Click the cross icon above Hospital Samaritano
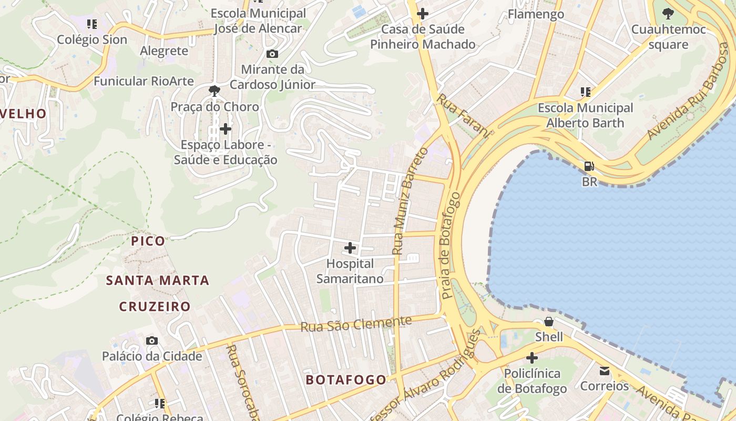[x=350, y=247]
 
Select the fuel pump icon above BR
[x=589, y=166]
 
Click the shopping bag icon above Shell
[x=549, y=321]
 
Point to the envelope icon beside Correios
[x=605, y=371]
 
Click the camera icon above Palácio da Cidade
[x=152, y=341]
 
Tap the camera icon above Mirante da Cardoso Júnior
[x=272, y=54]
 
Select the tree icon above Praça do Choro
[x=214, y=91]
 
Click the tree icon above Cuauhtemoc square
[x=668, y=14]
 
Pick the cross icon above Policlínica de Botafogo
[x=532, y=358]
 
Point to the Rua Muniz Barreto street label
[x=411, y=201]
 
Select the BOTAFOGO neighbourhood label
[x=346, y=379]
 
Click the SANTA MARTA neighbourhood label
[x=158, y=280]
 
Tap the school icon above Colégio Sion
[x=92, y=24]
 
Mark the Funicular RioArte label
[x=144, y=81]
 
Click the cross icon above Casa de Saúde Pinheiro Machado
[x=422, y=14]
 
